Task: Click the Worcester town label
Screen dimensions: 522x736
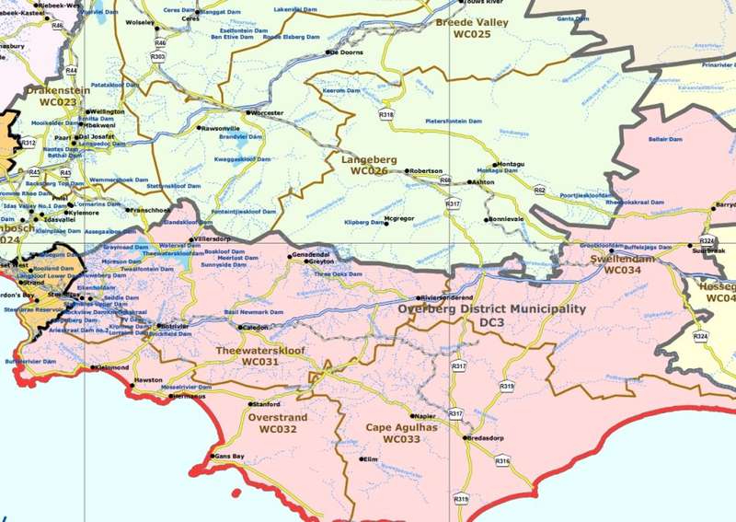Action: [268, 112]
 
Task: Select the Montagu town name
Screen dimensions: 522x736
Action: [510, 164]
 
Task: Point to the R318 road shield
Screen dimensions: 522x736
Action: [386, 115]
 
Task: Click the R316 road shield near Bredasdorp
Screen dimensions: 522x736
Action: [502, 460]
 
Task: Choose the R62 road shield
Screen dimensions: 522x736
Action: [539, 191]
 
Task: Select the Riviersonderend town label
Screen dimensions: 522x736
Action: [448, 298]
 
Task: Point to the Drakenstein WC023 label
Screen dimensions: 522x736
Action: [51, 97]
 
